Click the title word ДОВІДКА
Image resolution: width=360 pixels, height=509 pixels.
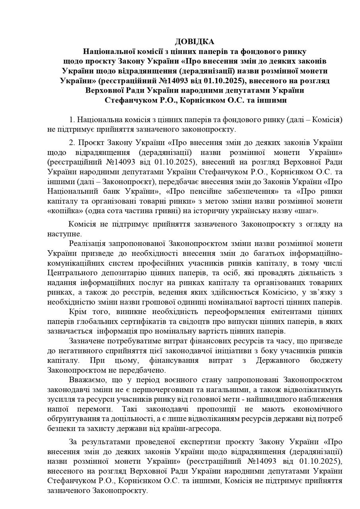click(x=194, y=41)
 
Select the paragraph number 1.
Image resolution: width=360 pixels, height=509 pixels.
click(x=72, y=120)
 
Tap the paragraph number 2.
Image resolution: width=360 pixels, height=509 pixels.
click(x=72, y=143)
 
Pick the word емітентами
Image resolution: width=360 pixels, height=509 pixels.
click(x=268, y=311)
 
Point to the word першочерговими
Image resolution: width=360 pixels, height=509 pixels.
click(x=179, y=389)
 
